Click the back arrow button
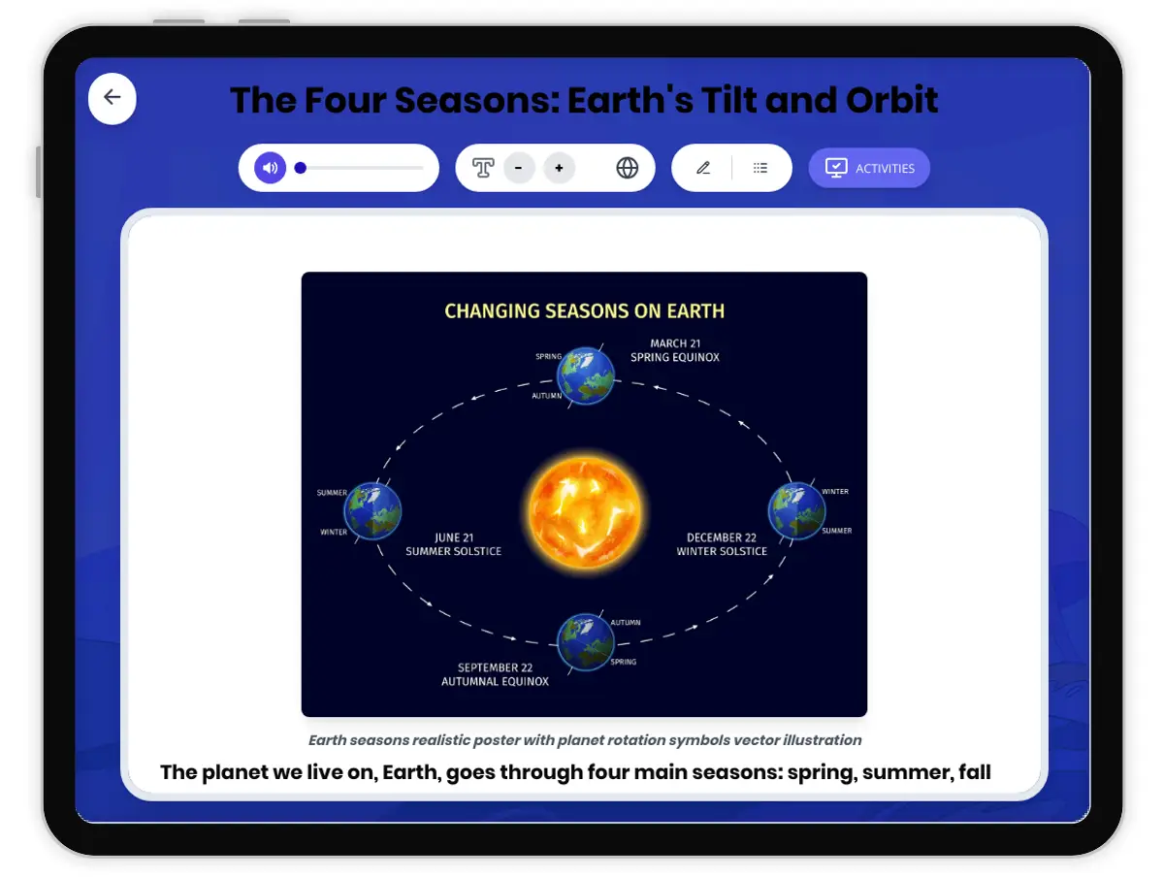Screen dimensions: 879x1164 pyautogui.click(x=113, y=98)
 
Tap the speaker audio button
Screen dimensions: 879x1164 pyautogui.click(x=271, y=168)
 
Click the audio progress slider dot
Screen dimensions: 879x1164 pyautogui.click(x=301, y=168)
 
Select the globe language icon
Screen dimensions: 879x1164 pyautogui.click(x=628, y=168)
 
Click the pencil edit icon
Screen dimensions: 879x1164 pyautogui.click(x=703, y=168)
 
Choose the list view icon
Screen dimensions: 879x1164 pyautogui.click(x=760, y=168)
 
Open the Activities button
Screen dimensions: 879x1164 pyautogui.click(x=869, y=168)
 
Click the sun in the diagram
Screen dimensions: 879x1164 pyautogui.click(x=585, y=510)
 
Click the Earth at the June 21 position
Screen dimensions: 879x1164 pyautogui.click(x=372, y=509)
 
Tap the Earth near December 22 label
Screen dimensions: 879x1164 pyautogui.click(x=797, y=510)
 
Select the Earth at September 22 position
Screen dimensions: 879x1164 pyautogui.click(x=586, y=641)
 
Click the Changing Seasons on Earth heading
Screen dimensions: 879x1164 pyautogui.click(x=584, y=311)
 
